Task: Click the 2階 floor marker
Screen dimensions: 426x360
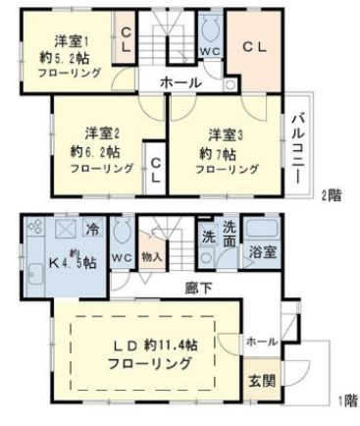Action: point(331,194)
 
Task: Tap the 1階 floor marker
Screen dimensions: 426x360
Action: point(345,400)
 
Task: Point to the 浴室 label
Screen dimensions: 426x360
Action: point(261,252)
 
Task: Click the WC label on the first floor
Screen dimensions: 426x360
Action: point(122,258)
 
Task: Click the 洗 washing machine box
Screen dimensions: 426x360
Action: point(209,237)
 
